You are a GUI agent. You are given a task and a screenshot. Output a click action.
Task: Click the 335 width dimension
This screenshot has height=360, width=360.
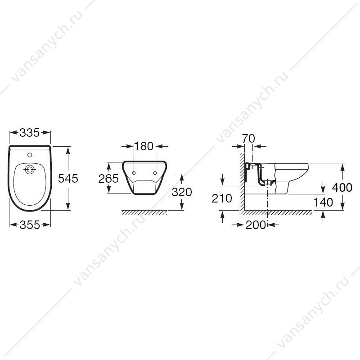[30, 133]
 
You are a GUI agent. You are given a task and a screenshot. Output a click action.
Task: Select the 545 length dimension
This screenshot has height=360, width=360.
[68, 178]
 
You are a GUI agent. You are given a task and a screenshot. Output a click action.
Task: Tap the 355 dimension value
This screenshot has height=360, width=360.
[30, 225]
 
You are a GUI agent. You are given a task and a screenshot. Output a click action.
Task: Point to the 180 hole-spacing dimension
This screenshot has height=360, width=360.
[144, 146]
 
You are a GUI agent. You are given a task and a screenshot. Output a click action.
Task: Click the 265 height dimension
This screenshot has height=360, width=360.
[108, 178]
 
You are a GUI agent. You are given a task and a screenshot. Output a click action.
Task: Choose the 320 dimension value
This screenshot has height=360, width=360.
[182, 192]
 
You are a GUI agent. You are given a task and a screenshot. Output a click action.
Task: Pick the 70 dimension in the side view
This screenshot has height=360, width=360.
[249, 139]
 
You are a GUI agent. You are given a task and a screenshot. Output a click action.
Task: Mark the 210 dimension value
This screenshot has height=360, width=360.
[222, 198]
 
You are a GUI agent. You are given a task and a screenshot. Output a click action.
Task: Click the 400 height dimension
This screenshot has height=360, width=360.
[342, 187]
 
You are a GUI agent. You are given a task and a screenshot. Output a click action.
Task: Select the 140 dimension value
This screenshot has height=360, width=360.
[323, 202]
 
